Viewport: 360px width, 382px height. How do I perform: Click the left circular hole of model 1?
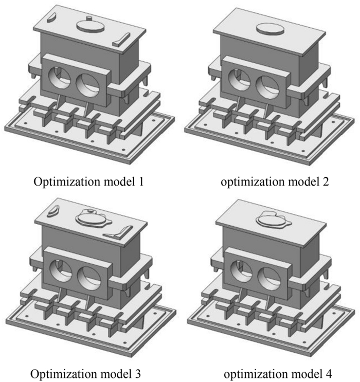pos(61,78)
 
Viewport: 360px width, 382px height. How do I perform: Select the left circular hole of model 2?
pos(241,78)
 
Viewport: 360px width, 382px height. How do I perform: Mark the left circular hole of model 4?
pos(241,269)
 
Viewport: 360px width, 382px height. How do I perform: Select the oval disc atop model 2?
pos(268,27)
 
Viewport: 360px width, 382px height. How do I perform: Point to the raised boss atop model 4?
pos(271,219)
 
